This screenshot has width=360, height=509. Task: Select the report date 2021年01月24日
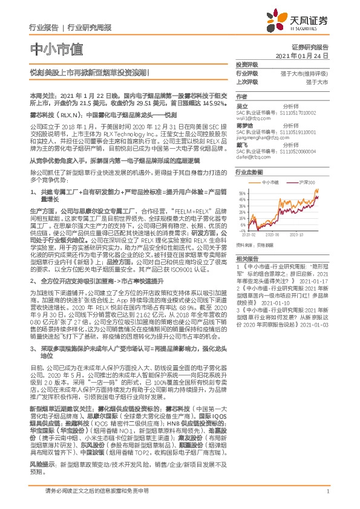pos(301,55)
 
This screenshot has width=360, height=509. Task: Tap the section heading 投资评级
pos(247,64)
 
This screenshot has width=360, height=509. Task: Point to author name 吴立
pos(242,105)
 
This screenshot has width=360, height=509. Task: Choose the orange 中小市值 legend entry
pos(269,181)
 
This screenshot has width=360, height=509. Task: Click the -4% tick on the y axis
pos(242,230)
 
